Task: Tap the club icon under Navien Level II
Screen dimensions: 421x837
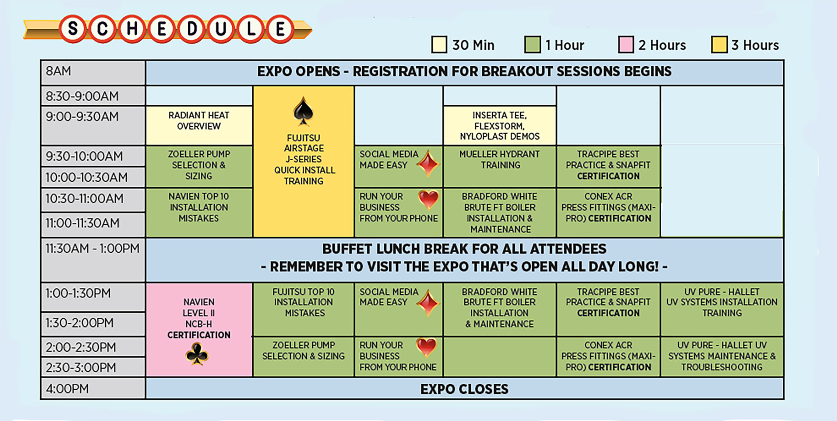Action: pyautogui.click(x=197, y=354)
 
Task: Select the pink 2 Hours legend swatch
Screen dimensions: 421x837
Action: pyautogui.click(x=626, y=45)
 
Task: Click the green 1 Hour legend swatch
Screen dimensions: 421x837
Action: pyautogui.click(x=532, y=45)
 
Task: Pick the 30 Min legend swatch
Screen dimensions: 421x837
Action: pyautogui.click(x=439, y=45)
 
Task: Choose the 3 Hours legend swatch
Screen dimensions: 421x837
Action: pyautogui.click(x=719, y=45)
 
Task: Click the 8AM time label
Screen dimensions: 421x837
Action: pyautogui.click(x=59, y=71)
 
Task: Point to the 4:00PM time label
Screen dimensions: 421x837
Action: pyautogui.click(x=67, y=389)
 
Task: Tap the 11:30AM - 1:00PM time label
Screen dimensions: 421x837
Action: pyautogui.click(x=92, y=249)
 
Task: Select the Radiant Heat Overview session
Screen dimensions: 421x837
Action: pyautogui.click(x=199, y=121)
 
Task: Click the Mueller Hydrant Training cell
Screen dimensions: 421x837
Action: pyautogui.click(x=499, y=160)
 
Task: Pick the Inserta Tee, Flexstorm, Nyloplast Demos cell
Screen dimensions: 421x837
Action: pyautogui.click(x=499, y=126)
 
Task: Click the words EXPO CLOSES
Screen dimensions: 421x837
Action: pyautogui.click(x=464, y=389)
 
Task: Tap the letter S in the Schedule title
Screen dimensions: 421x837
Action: pyautogui.click(x=73, y=29)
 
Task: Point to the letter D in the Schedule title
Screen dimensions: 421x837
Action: pyautogui.click(x=191, y=29)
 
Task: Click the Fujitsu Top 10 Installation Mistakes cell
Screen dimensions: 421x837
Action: pyautogui.click(x=303, y=302)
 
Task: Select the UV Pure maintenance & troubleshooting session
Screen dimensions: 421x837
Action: pyautogui.click(x=722, y=356)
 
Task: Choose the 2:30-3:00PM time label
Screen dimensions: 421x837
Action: pyautogui.click(x=81, y=367)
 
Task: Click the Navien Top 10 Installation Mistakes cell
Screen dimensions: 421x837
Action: pyautogui.click(x=199, y=207)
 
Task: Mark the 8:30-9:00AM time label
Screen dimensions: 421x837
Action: pyautogui.click(x=82, y=96)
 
